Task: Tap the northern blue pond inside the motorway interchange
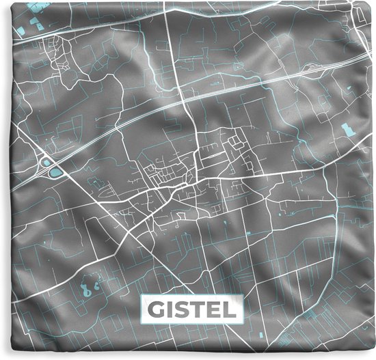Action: pos(46,162)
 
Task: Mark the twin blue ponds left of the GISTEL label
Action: pos(89,272)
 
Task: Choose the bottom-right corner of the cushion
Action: pos(372,356)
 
